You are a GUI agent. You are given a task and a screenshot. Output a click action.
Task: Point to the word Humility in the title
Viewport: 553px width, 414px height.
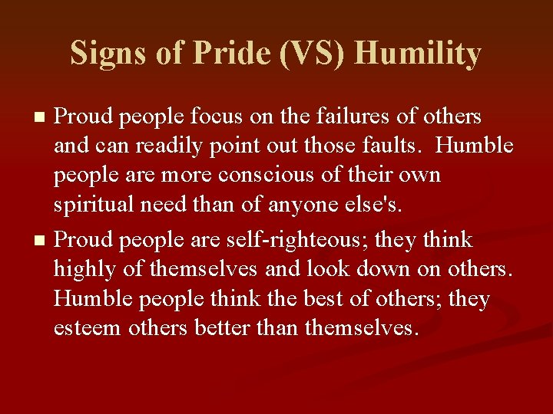pyautogui.click(x=419, y=54)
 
